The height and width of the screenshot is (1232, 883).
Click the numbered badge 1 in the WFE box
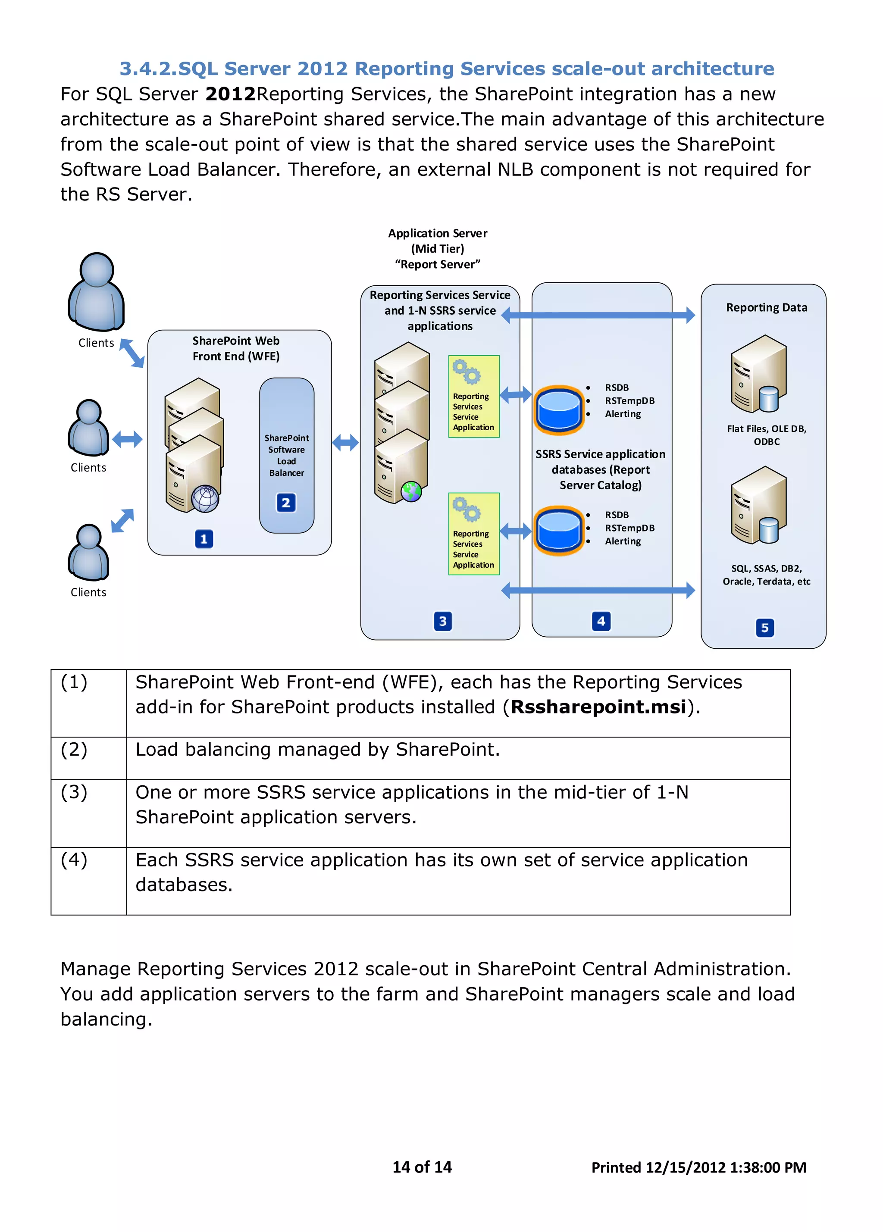204,538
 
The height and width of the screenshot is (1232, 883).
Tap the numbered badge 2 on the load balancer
286,503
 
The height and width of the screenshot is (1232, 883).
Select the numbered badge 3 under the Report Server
442,621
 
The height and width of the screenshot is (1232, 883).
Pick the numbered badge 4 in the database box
601,621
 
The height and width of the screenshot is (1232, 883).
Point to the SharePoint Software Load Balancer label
286,455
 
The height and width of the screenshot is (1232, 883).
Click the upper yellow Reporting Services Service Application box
473,397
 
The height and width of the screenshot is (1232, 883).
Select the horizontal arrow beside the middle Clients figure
127,439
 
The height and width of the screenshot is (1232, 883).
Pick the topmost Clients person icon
96,293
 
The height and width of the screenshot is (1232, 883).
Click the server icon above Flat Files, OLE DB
758,374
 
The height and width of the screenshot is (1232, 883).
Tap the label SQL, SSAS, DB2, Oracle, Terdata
766,575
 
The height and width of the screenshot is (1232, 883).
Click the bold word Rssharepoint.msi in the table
598,707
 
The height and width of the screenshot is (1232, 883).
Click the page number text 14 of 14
422,1167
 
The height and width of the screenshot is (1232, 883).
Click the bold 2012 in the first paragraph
230,94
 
